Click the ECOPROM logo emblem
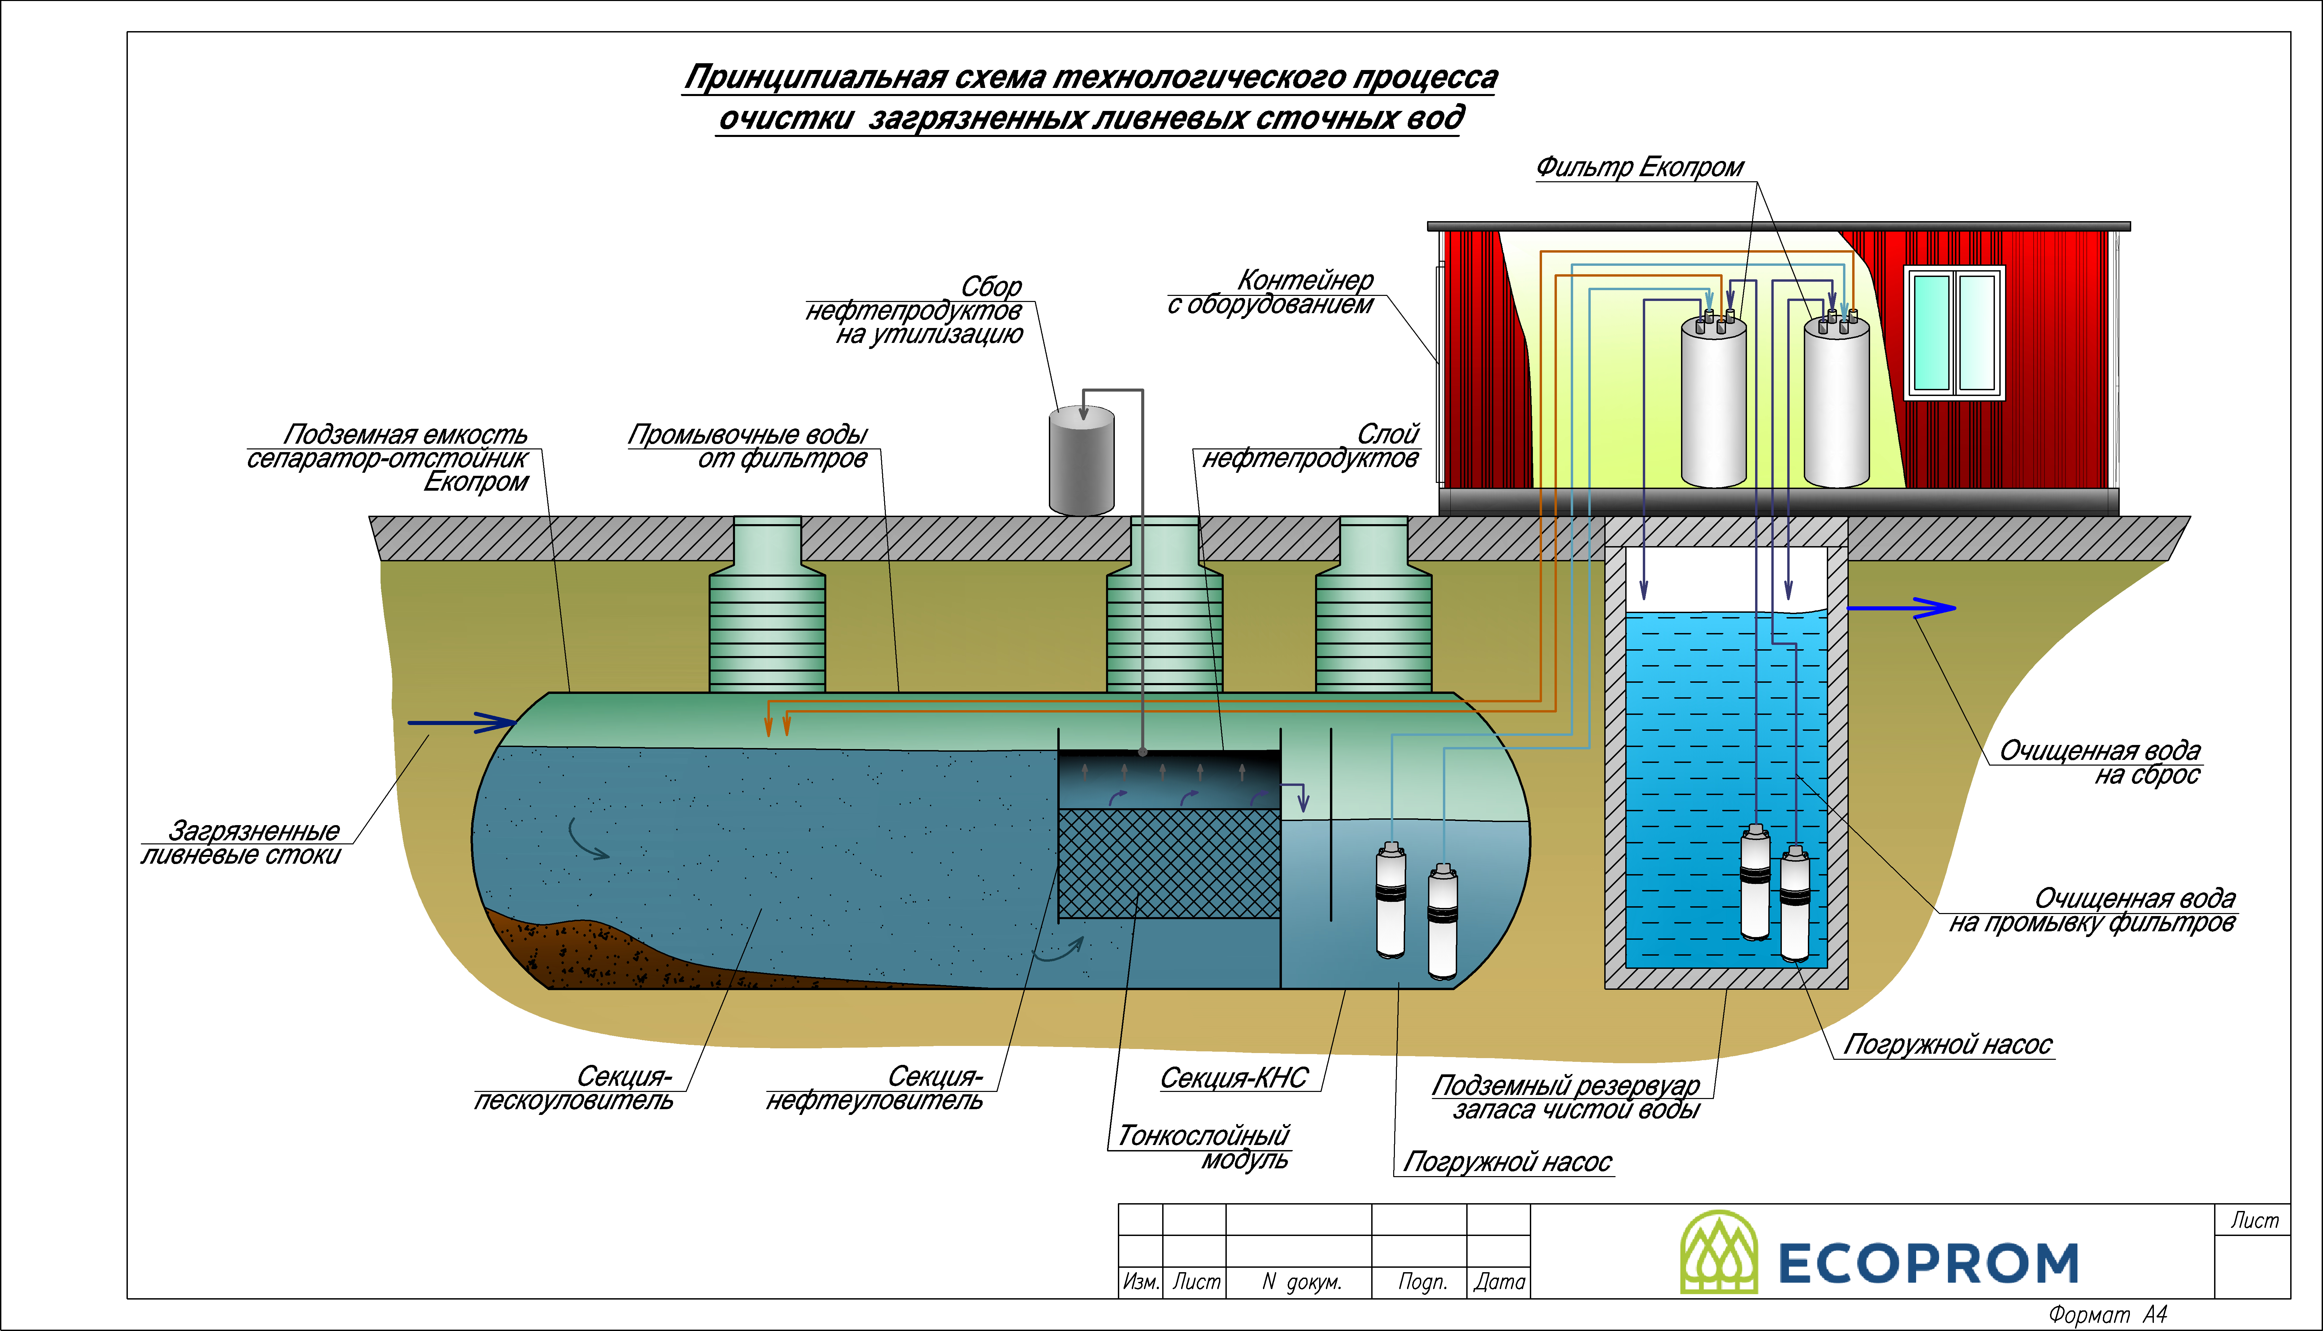[x=1719, y=1253]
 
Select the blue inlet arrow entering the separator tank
[x=462, y=723]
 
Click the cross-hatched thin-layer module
[x=1168, y=863]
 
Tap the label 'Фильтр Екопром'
[x=1639, y=167]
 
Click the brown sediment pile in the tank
[x=567, y=951]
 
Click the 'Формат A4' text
[x=2107, y=1314]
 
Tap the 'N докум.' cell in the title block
[x=1301, y=1282]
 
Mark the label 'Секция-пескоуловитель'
[x=574, y=1088]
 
